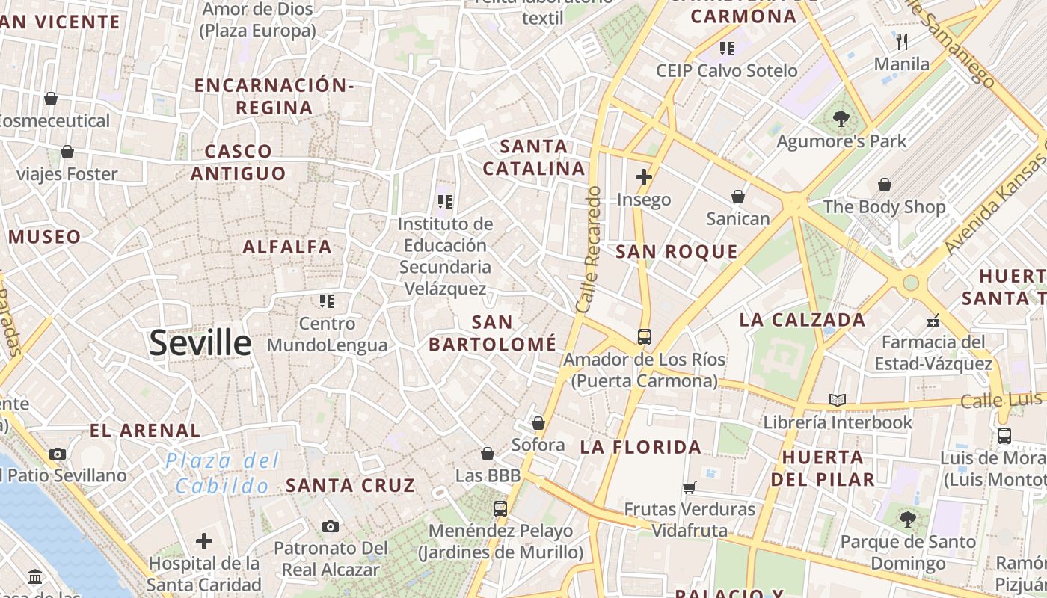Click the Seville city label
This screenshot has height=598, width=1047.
coord(200,343)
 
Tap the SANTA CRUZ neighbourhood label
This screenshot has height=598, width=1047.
coord(350,485)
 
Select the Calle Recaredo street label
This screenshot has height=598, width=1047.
coord(589,250)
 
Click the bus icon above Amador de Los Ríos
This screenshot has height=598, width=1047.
coord(645,336)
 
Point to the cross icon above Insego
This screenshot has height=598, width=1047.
coord(643,177)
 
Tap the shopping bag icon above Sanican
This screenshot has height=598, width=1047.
coord(738,197)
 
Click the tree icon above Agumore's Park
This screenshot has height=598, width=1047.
coord(841,118)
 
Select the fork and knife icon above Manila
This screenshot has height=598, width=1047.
coord(902,41)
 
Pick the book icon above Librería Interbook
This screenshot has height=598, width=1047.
coord(838,400)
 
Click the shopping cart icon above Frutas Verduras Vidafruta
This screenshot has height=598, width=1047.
coord(690,487)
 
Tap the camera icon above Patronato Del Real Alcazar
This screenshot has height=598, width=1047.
coord(331,526)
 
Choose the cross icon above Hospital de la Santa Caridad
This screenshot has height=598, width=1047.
coord(204,541)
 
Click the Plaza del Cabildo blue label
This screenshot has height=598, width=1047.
coord(222,473)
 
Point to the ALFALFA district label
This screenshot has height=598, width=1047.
coord(287,247)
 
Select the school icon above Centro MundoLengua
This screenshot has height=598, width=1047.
coord(327,301)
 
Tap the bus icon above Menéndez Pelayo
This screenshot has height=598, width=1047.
coord(500,509)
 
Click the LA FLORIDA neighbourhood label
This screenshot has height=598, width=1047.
coord(641,448)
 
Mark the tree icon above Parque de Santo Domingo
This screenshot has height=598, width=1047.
coord(908,519)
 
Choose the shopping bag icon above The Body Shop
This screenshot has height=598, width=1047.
coord(885,185)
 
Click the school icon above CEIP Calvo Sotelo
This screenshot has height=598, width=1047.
coord(727,49)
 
